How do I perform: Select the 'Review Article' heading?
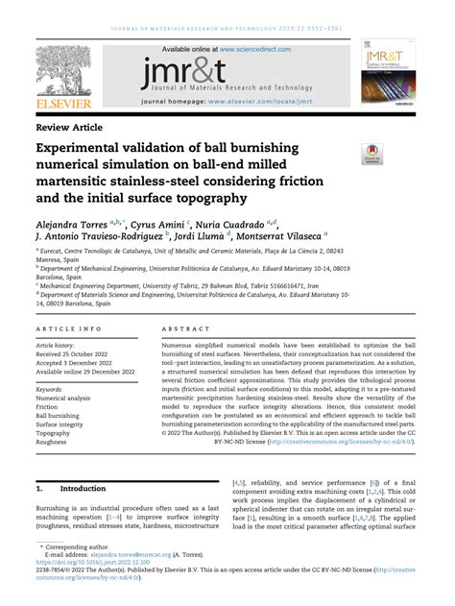point(69,128)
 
